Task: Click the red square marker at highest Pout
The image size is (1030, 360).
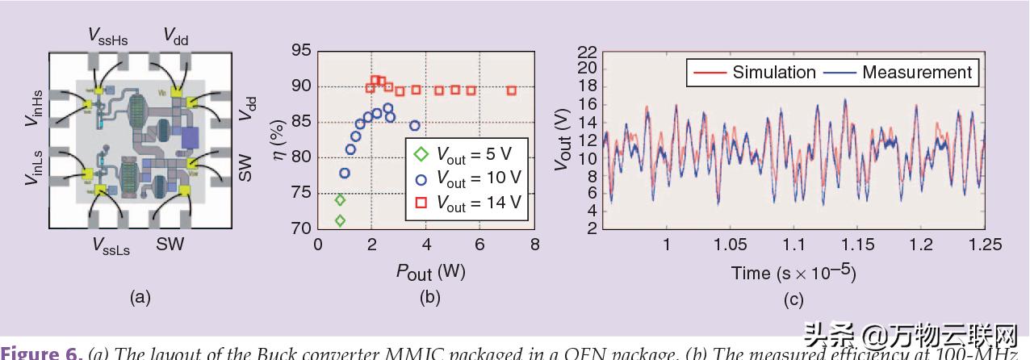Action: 512,90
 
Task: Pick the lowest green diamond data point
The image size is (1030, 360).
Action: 340,220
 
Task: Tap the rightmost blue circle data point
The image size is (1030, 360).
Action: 415,125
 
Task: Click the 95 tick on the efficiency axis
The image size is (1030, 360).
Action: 300,51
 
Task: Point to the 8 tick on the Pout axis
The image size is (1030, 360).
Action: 534,245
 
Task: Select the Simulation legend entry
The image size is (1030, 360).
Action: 754,73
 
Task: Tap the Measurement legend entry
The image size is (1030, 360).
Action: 901,73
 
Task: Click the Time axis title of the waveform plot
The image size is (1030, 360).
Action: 793,272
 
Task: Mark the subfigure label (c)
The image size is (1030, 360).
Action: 793,299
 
